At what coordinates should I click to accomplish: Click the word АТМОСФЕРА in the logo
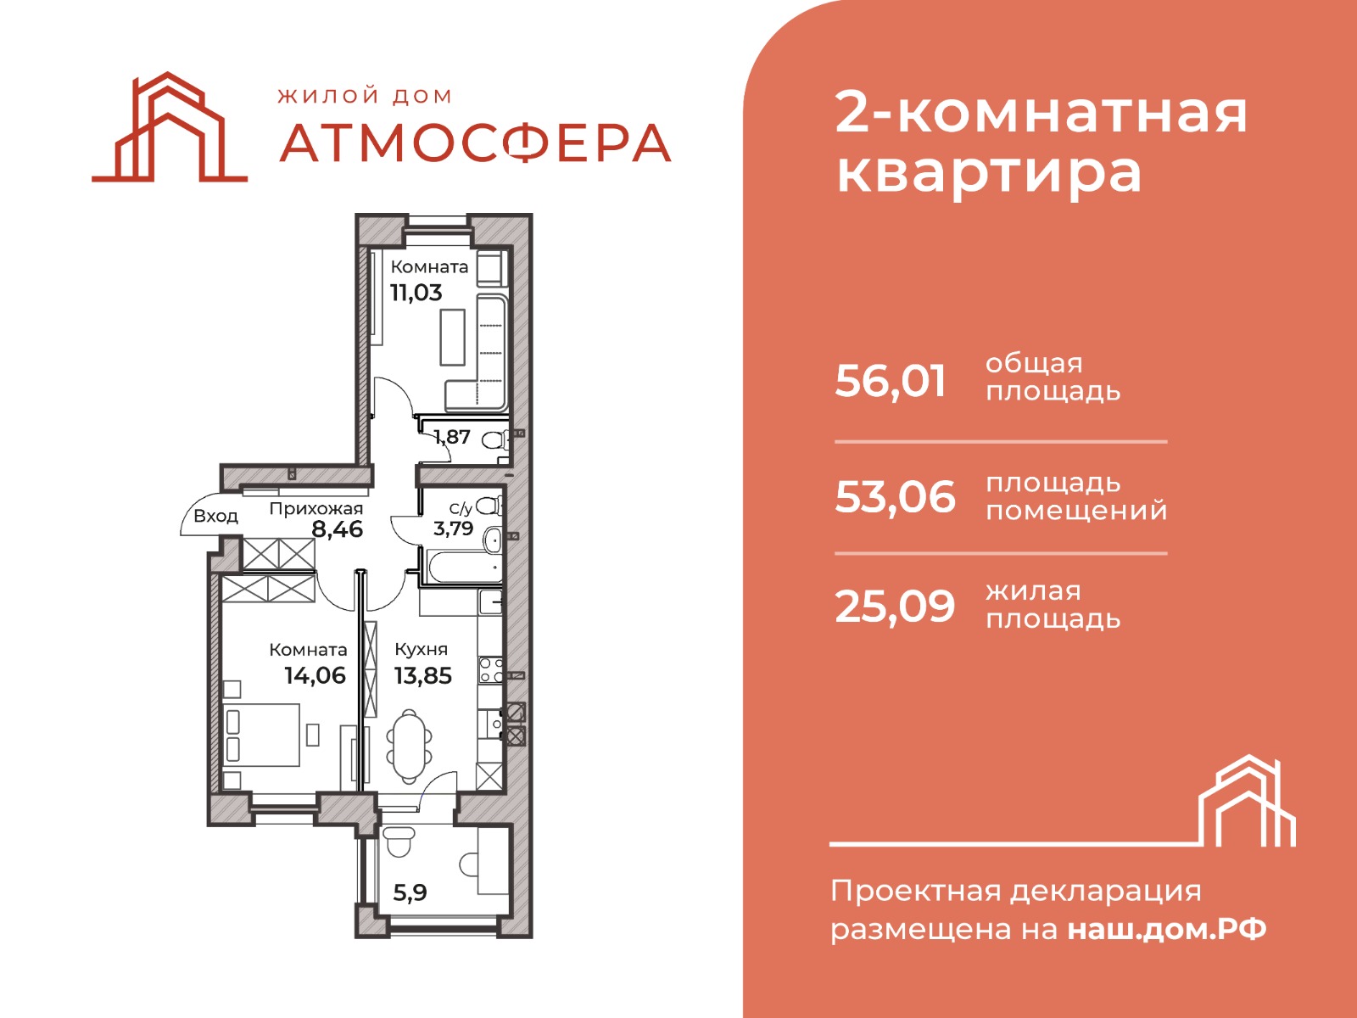coord(475,143)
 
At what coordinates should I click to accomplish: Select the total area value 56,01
coord(891,382)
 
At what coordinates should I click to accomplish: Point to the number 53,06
coord(895,497)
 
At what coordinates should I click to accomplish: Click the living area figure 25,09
coord(895,607)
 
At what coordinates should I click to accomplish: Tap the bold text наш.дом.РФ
coord(1166,930)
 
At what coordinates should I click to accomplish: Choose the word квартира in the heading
coord(989,174)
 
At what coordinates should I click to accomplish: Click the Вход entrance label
coord(215,516)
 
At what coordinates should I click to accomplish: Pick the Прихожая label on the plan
coord(316,509)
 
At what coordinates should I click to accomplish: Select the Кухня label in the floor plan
coord(421,649)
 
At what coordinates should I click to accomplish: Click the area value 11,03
coord(416,293)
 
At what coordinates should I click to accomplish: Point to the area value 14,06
coord(315,675)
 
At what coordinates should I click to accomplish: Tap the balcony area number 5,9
coord(410,892)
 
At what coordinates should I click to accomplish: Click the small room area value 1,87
coord(452,437)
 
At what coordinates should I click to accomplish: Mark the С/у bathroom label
coord(461,509)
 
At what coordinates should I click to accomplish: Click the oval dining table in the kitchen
coord(410,747)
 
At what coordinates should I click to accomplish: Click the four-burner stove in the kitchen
coord(491,670)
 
